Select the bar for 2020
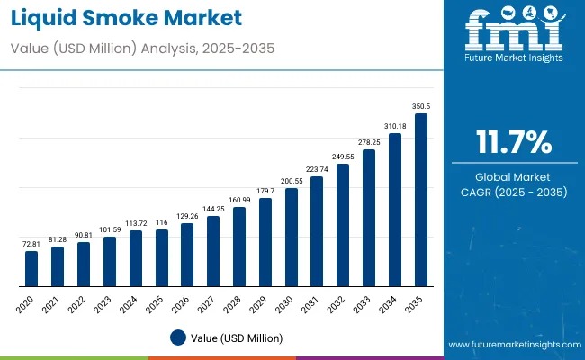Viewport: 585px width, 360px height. point(31,268)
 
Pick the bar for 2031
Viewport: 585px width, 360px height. point(317,231)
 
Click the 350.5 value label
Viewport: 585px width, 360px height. point(421,106)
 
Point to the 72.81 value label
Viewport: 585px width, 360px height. point(31,244)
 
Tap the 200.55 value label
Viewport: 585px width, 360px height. point(291,181)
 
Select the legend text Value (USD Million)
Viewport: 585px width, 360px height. point(236,337)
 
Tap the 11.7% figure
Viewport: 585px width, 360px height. point(512,142)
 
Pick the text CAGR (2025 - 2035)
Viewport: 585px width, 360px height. point(512,192)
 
